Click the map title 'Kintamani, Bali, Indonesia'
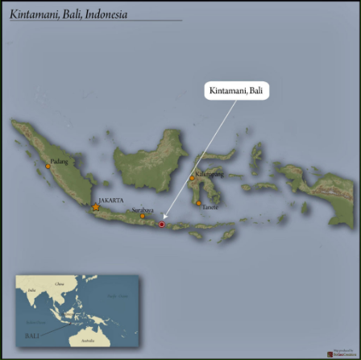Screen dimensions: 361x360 [69, 14]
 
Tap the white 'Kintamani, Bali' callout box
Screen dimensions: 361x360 [235, 90]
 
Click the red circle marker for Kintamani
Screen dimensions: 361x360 [162, 225]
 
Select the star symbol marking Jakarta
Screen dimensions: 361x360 [96, 208]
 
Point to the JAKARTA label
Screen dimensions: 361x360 [110, 200]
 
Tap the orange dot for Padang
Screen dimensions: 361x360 [48, 167]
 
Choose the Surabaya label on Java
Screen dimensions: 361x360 [143, 210]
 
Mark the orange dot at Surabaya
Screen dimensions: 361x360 [143, 216]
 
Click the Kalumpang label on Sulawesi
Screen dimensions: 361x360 [209, 174]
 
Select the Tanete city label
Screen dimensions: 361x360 [210, 208]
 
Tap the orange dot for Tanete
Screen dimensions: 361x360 [199, 204]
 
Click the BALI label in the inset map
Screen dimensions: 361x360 [32, 335]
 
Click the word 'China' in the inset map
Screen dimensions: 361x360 [59, 284]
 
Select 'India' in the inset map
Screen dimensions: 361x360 [31, 290]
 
